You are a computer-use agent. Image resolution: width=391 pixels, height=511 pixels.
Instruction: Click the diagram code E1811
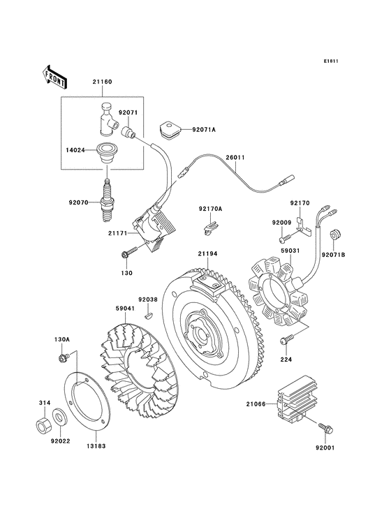[x=331, y=61]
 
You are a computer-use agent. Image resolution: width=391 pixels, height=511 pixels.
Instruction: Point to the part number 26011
[x=235, y=158]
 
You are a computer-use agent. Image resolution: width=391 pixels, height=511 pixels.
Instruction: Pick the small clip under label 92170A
[x=210, y=225]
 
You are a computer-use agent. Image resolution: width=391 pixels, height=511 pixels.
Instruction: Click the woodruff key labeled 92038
[x=147, y=315]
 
